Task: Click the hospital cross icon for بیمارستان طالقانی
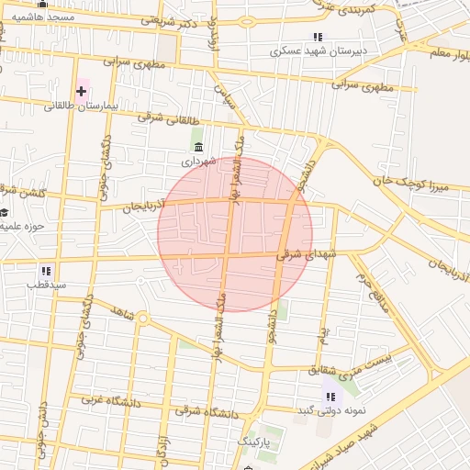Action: coord(83,91)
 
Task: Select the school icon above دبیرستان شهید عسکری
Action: coord(318,37)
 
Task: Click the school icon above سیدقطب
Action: coord(46,271)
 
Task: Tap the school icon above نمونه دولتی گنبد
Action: coord(330,396)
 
